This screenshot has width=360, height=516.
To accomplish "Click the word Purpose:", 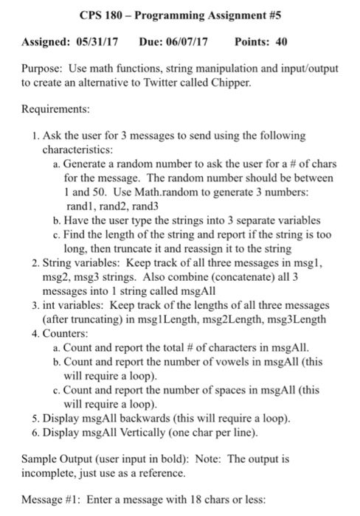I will pos(38,69).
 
